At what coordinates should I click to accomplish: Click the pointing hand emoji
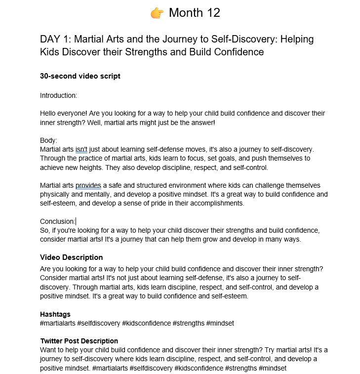[x=157, y=13]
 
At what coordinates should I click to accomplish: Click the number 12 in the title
[x=211, y=13]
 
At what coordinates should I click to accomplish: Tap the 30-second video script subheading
[x=80, y=76]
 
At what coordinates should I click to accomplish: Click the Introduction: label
[x=58, y=95]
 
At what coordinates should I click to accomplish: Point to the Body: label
[x=48, y=140]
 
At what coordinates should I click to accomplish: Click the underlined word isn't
[x=81, y=149]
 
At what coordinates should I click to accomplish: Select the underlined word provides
[x=88, y=185]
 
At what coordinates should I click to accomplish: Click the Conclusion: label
[x=57, y=221]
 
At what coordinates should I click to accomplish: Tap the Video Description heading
[x=71, y=257]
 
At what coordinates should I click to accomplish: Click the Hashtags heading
[x=55, y=314]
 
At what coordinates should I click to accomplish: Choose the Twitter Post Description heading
[x=79, y=341]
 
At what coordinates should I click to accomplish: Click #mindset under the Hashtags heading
[x=220, y=323]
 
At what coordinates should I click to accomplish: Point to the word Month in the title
[x=185, y=13]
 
